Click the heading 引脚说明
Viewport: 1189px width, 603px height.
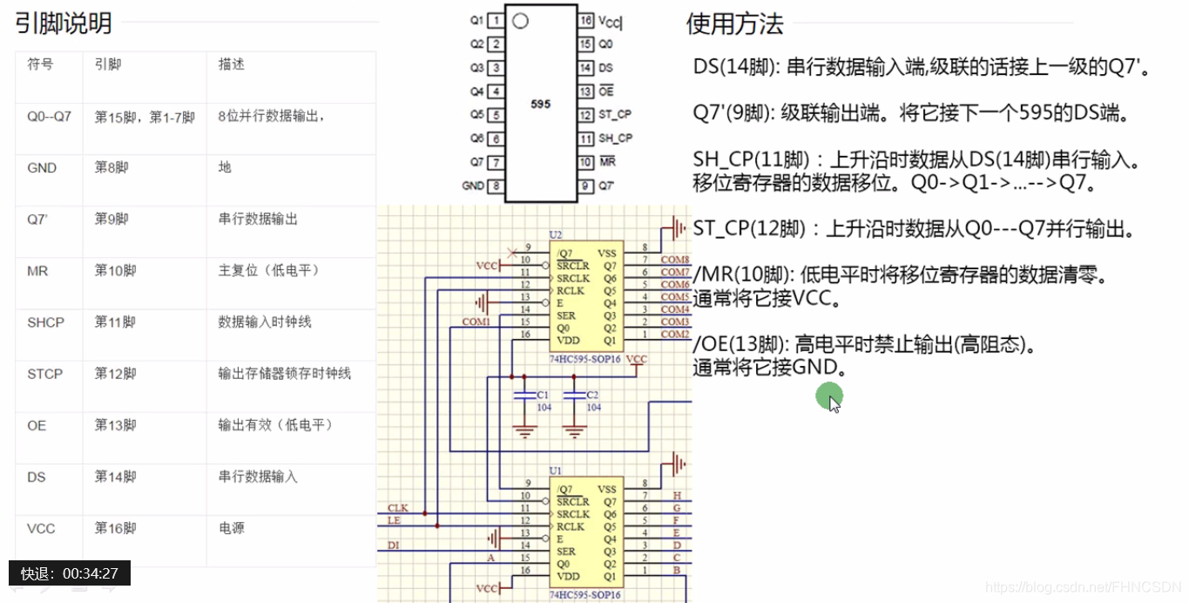click(64, 24)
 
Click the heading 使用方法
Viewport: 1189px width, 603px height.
click(735, 24)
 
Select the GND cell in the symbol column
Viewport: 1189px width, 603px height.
click(42, 168)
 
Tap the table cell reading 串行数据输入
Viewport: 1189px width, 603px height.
click(258, 477)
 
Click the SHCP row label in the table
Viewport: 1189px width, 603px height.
click(45, 322)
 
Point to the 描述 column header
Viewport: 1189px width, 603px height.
click(232, 64)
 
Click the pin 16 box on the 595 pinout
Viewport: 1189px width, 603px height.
click(586, 20)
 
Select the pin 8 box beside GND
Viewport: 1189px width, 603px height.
click(496, 186)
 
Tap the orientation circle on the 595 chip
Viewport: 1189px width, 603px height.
click(520, 21)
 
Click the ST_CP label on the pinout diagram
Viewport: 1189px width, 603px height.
click(615, 114)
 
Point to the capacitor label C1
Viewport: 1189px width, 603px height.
click(543, 395)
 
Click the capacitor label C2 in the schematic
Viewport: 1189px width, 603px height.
click(593, 395)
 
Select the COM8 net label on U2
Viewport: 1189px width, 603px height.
click(675, 260)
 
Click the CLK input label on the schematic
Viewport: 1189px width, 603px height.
click(397, 507)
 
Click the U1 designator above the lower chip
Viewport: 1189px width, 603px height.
click(556, 471)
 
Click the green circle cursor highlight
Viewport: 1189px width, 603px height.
click(828, 397)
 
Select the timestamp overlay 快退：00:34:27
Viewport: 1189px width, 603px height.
click(70, 573)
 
